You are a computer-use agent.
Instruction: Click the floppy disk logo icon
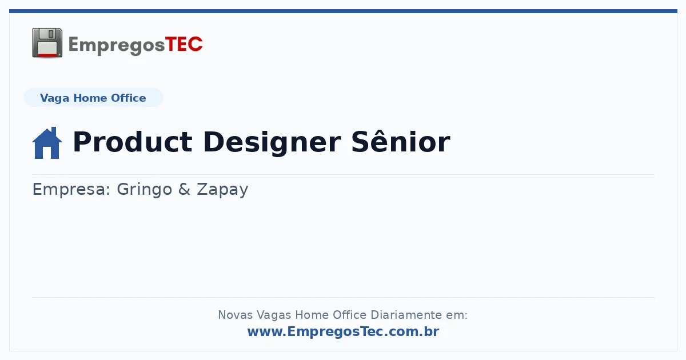(x=47, y=43)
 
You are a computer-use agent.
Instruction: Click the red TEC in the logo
(x=184, y=45)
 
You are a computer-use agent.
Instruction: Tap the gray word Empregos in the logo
(x=117, y=46)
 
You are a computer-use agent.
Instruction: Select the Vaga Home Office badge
(x=93, y=98)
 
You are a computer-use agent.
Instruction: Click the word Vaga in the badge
(x=54, y=98)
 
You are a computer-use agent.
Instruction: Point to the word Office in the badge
(x=128, y=98)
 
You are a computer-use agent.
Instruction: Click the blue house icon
(x=47, y=143)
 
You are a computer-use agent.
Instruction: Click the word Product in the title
(x=133, y=142)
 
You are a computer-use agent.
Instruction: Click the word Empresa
(x=71, y=190)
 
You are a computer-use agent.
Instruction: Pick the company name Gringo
(x=144, y=190)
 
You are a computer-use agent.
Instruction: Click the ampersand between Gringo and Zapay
(x=184, y=189)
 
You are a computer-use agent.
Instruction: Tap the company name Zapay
(x=222, y=190)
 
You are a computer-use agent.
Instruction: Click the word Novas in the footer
(x=235, y=315)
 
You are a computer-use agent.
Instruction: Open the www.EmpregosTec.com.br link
(x=343, y=332)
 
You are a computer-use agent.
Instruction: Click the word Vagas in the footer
(x=274, y=315)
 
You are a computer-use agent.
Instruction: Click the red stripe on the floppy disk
(x=47, y=55)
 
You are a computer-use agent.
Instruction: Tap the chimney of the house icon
(x=54, y=131)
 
